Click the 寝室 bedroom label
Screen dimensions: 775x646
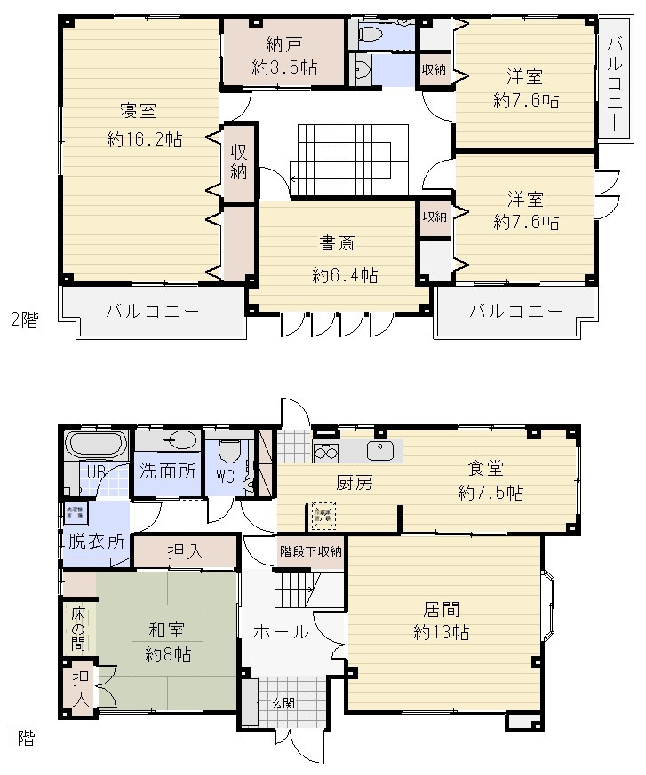[x=139, y=111]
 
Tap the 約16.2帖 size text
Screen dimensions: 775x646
[x=145, y=139]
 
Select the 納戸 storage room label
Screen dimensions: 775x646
[x=283, y=43]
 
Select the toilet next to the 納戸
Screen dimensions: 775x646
[x=371, y=35]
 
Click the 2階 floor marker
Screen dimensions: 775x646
[x=25, y=320]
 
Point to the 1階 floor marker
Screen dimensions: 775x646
[x=23, y=738]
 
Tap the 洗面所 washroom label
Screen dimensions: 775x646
[x=167, y=471]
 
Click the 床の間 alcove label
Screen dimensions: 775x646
[x=78, y=628]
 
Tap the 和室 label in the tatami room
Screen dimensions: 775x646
[x=166, y=631]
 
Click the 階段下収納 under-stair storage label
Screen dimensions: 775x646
[x=310, y=550]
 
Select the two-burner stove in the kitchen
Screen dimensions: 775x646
[x=325, y=452]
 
